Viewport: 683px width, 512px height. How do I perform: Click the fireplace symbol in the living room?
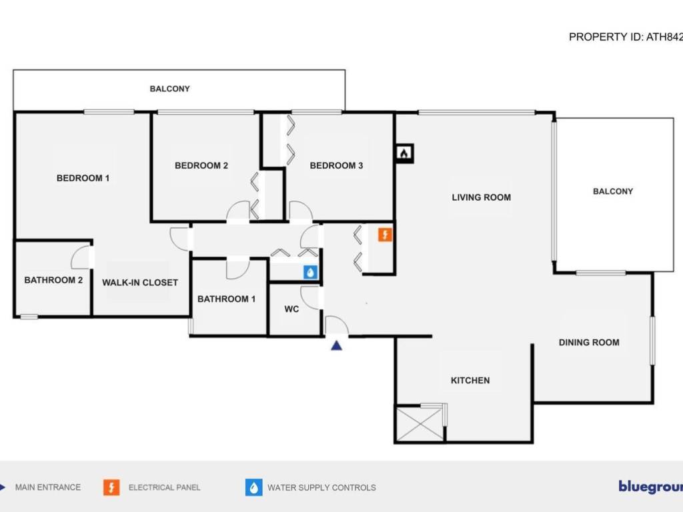404,153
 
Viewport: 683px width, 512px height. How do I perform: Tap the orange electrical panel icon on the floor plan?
386,235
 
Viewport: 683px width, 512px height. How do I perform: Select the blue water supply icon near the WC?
310,272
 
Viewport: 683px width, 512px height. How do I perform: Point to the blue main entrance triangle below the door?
337,345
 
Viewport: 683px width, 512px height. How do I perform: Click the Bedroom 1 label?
83,178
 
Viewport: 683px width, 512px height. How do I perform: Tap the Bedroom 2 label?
201,165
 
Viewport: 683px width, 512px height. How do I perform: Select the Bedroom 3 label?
336,165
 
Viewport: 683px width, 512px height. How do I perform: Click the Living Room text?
481,197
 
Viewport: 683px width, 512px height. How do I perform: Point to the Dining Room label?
589,343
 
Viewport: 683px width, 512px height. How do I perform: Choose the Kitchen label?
470,381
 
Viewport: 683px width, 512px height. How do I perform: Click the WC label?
291,309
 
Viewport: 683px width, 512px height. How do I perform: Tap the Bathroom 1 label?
226,299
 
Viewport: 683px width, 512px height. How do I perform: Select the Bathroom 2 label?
53,280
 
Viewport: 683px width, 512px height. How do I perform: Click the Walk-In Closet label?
140,283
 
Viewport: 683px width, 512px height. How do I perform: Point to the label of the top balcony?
169,89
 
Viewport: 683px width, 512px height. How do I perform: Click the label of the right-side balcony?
613,191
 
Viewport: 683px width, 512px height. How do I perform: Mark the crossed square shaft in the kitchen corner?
420,423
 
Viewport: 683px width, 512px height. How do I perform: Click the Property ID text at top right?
625,37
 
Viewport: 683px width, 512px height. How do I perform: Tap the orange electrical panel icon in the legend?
111,487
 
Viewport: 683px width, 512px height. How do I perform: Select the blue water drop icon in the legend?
253,487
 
